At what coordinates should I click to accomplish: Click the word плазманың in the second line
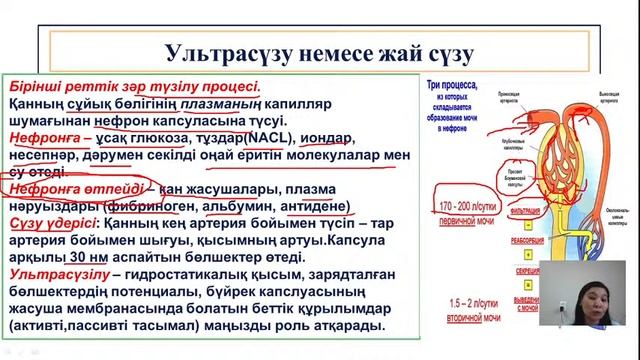[x=229, y=103]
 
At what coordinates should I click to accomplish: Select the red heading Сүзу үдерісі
[x=48, y=223]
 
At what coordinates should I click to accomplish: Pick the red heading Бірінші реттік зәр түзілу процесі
[x=133, y=86]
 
